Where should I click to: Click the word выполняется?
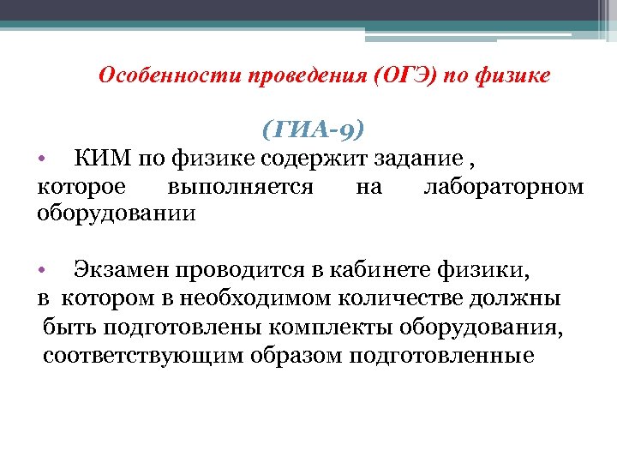pyautogui.click(x=241, y=185)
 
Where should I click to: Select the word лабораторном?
pyautogui.click(x=504, y=185)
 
